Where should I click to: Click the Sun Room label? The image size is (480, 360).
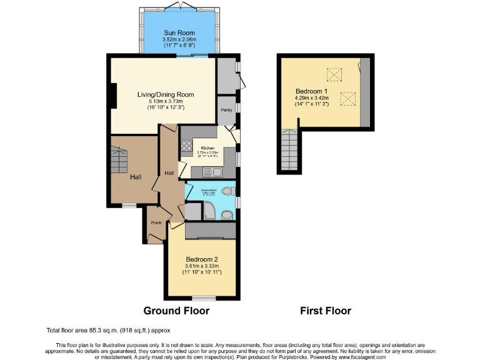click(179, 32)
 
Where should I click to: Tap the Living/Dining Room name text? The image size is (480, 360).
click(166, 94)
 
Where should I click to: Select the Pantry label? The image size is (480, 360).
click(226, 109)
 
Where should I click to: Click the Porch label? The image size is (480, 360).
click(156, 222)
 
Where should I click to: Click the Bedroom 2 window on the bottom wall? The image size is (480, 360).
click(201, 297)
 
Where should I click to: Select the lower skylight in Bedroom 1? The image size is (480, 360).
click(347, 98)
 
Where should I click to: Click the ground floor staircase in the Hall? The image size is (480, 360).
click(119, 161)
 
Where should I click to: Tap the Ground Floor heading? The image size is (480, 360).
click(176, 311)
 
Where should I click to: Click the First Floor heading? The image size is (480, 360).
click(326, 311)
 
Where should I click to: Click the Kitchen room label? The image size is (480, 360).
click(207, 148)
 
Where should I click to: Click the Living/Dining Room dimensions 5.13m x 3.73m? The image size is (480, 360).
click(166, 101)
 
